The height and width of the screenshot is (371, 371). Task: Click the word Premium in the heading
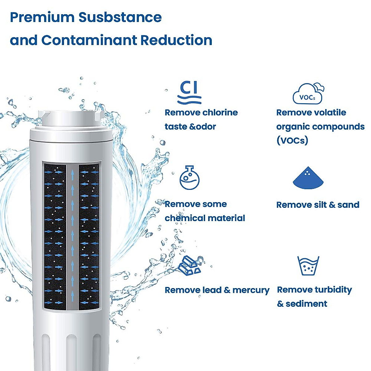click(x=42, y=17)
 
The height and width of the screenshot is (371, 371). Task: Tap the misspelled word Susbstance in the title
click(x=120, y=17)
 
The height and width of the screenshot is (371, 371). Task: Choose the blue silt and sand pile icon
click(x=308, y=178)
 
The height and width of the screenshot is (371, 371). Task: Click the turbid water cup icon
click(x=308, y=266)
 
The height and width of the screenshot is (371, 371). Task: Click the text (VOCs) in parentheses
click(x=292, y=140)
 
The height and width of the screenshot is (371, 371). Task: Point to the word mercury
click(x=251, y=290)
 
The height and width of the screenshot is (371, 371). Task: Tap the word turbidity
click(x=333, y=290)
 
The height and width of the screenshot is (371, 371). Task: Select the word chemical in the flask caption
click(x=183, y=218)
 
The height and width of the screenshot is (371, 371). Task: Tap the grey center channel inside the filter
click(x=72, y=235)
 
